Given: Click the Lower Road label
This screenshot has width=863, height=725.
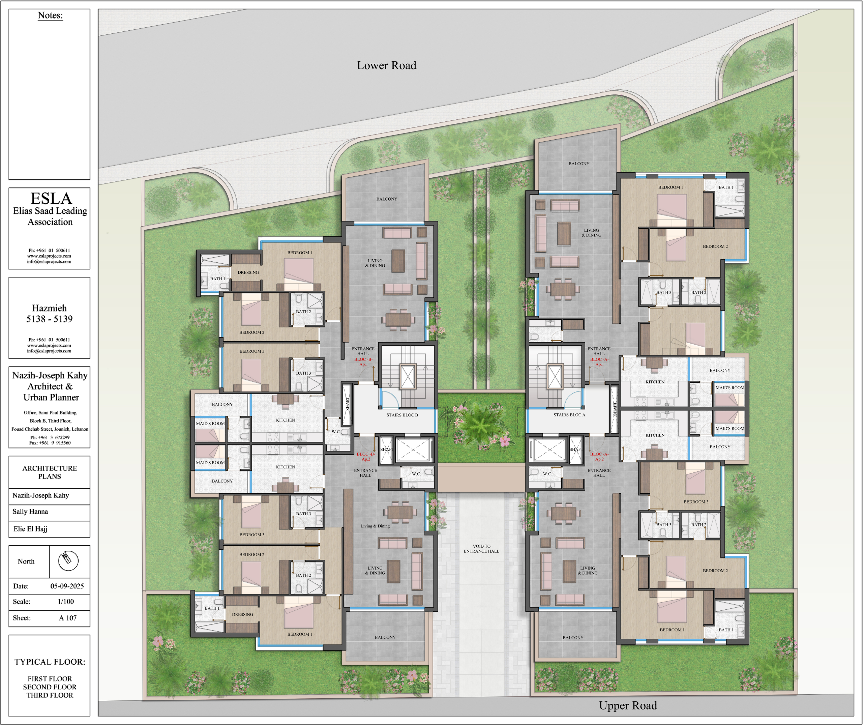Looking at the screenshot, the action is click(386, 65).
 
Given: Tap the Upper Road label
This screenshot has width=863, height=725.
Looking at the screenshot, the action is click(628, 705).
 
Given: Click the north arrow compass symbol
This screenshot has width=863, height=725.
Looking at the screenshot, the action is click(68, 561).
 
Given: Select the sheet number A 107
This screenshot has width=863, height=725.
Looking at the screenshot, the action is click(68, 618).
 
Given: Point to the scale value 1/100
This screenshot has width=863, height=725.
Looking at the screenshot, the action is click(66, 601).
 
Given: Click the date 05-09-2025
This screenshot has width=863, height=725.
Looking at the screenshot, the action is click(67, 586).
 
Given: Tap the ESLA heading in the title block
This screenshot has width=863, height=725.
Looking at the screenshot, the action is click(51, 199).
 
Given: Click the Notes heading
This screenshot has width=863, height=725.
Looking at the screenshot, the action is click(50, 15).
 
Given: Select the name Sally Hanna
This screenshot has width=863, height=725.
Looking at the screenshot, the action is click(30, 511).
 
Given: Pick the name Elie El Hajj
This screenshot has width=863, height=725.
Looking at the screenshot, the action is click(30, 528).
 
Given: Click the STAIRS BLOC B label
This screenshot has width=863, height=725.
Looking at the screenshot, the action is click(402, 415).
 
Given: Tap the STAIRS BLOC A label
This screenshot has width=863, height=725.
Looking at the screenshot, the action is click(569, 415).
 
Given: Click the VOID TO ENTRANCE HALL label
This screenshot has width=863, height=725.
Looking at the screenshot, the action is click(482, 549).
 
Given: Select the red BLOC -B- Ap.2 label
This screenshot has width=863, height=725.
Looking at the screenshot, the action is click(366, 457).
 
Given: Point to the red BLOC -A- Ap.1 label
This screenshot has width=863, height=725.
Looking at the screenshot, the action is click(599, 362).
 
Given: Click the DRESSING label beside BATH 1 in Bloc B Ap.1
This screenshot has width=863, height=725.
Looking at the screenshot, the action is click(248, 272).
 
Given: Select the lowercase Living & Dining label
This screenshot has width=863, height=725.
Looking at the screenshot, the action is click(375, 526).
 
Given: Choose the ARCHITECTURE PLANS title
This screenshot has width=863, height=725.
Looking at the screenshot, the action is click(50, 472).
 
